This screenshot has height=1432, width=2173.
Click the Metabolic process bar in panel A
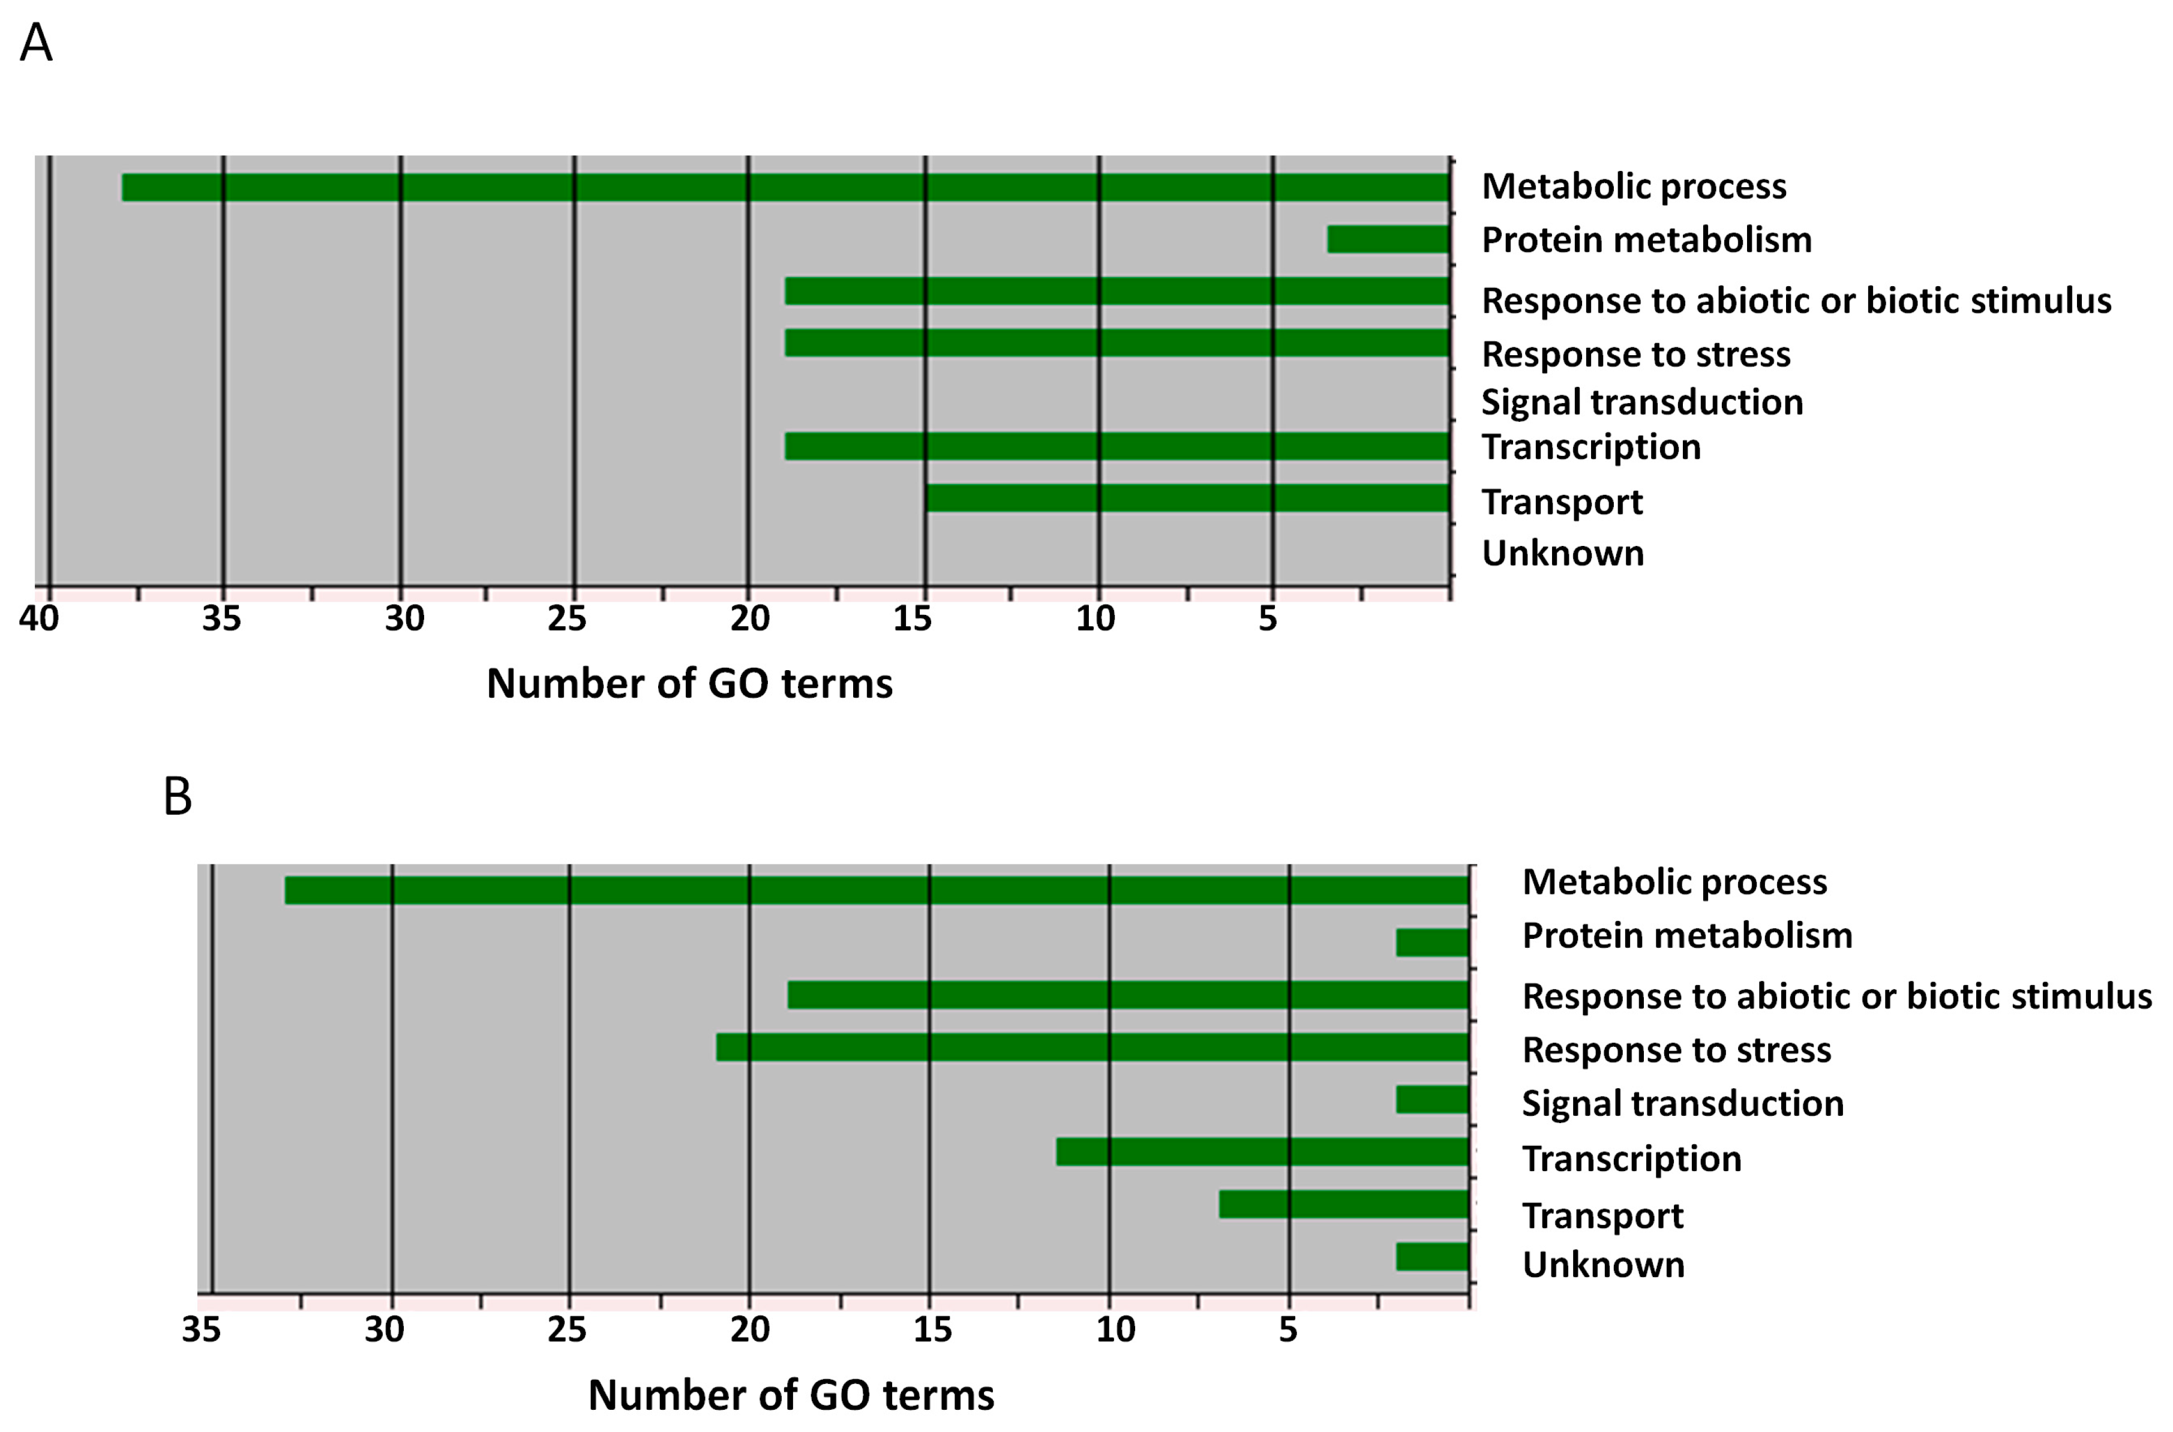[x=785, y=187]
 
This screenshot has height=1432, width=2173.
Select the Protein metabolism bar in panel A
[x=1388, y=239]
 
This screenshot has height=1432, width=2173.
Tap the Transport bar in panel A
[x=1187, y=498]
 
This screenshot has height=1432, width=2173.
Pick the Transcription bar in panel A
[x=1116, y=446]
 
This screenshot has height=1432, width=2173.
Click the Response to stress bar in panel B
[x=1092, y=1047]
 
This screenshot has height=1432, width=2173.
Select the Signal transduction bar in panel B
[x=1431, y=1100]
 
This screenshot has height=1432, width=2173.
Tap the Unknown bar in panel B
[x=1431, y=1257]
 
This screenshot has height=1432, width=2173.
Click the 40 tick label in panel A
[x=39, y=619]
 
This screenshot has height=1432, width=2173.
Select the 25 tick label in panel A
[x=567, y=619]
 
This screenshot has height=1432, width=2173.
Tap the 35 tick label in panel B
[x=201, y=1329]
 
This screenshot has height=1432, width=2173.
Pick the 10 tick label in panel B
[x=1115, y=1329]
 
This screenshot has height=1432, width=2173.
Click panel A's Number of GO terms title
[x=689, y=684]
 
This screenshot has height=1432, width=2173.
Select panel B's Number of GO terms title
[x=791, y=1395]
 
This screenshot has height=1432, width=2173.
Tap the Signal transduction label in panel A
[x=1641, y=403]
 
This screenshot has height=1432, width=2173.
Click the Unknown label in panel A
[x=1562, y=554]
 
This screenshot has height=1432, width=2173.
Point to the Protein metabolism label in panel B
[x=1686, y=936]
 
